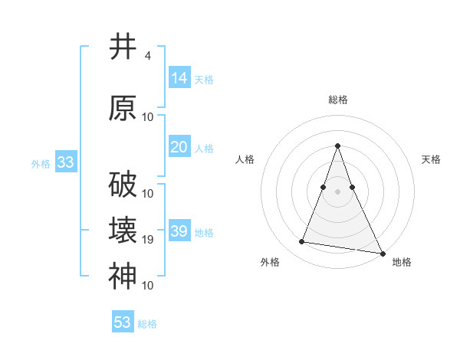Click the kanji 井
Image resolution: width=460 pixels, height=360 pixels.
(123, 47)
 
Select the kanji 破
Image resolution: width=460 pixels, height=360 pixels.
(123, 184)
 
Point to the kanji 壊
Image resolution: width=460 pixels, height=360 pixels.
(123, 231)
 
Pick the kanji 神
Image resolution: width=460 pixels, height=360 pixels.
(123, 277)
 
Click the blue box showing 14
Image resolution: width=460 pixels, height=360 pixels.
(179, 77)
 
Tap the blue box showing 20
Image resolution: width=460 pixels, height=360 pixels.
(179, 147)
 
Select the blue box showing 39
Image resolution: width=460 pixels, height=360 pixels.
(179, 231)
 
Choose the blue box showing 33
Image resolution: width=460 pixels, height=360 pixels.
(65, 162)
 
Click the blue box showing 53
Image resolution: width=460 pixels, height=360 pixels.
(123, 322)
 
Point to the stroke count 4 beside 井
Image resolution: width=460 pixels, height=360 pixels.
(147, 56)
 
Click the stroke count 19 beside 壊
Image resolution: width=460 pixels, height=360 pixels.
(148, 240)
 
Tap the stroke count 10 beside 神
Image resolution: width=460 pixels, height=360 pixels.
(148, 286)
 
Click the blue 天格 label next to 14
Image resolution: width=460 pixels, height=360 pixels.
(204, 79)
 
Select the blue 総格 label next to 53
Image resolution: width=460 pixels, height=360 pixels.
(147, 324)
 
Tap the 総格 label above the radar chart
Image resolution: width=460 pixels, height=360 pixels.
(337, 100)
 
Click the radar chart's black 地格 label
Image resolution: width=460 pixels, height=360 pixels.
(402, 262)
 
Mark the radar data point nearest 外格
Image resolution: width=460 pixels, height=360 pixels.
(302, 242)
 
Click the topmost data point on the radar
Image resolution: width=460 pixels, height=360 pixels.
(337, 146)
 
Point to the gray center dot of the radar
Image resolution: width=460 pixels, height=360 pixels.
(337, 191)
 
